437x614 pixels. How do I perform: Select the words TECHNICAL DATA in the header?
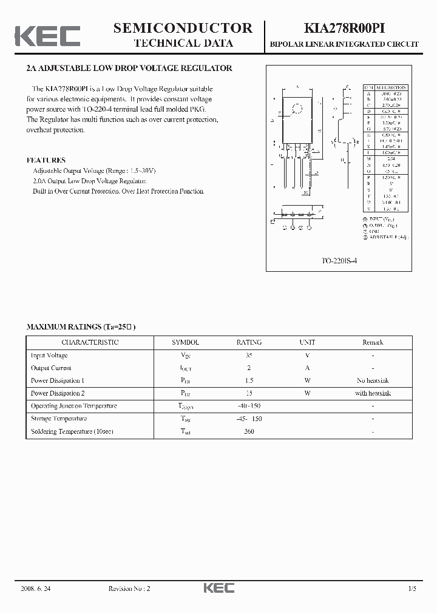[183, 43]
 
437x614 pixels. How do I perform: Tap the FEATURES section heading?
[46, 160]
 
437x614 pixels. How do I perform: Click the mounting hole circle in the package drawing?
[297, 109]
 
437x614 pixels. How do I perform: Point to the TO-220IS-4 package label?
[339, 260]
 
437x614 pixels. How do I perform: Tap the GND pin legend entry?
[374, 231]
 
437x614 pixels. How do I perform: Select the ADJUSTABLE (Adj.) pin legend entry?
[386, 237]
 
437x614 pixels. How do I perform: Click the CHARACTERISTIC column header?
[90, 342]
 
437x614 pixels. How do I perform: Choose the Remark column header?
[373, 342]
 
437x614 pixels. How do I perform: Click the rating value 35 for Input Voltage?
[249, 356]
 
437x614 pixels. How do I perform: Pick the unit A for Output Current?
[308, 368]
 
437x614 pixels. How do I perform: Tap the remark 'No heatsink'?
[373, 381]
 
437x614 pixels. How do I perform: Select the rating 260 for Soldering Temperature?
[249, 431]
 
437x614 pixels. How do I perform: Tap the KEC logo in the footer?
[218, 588]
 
